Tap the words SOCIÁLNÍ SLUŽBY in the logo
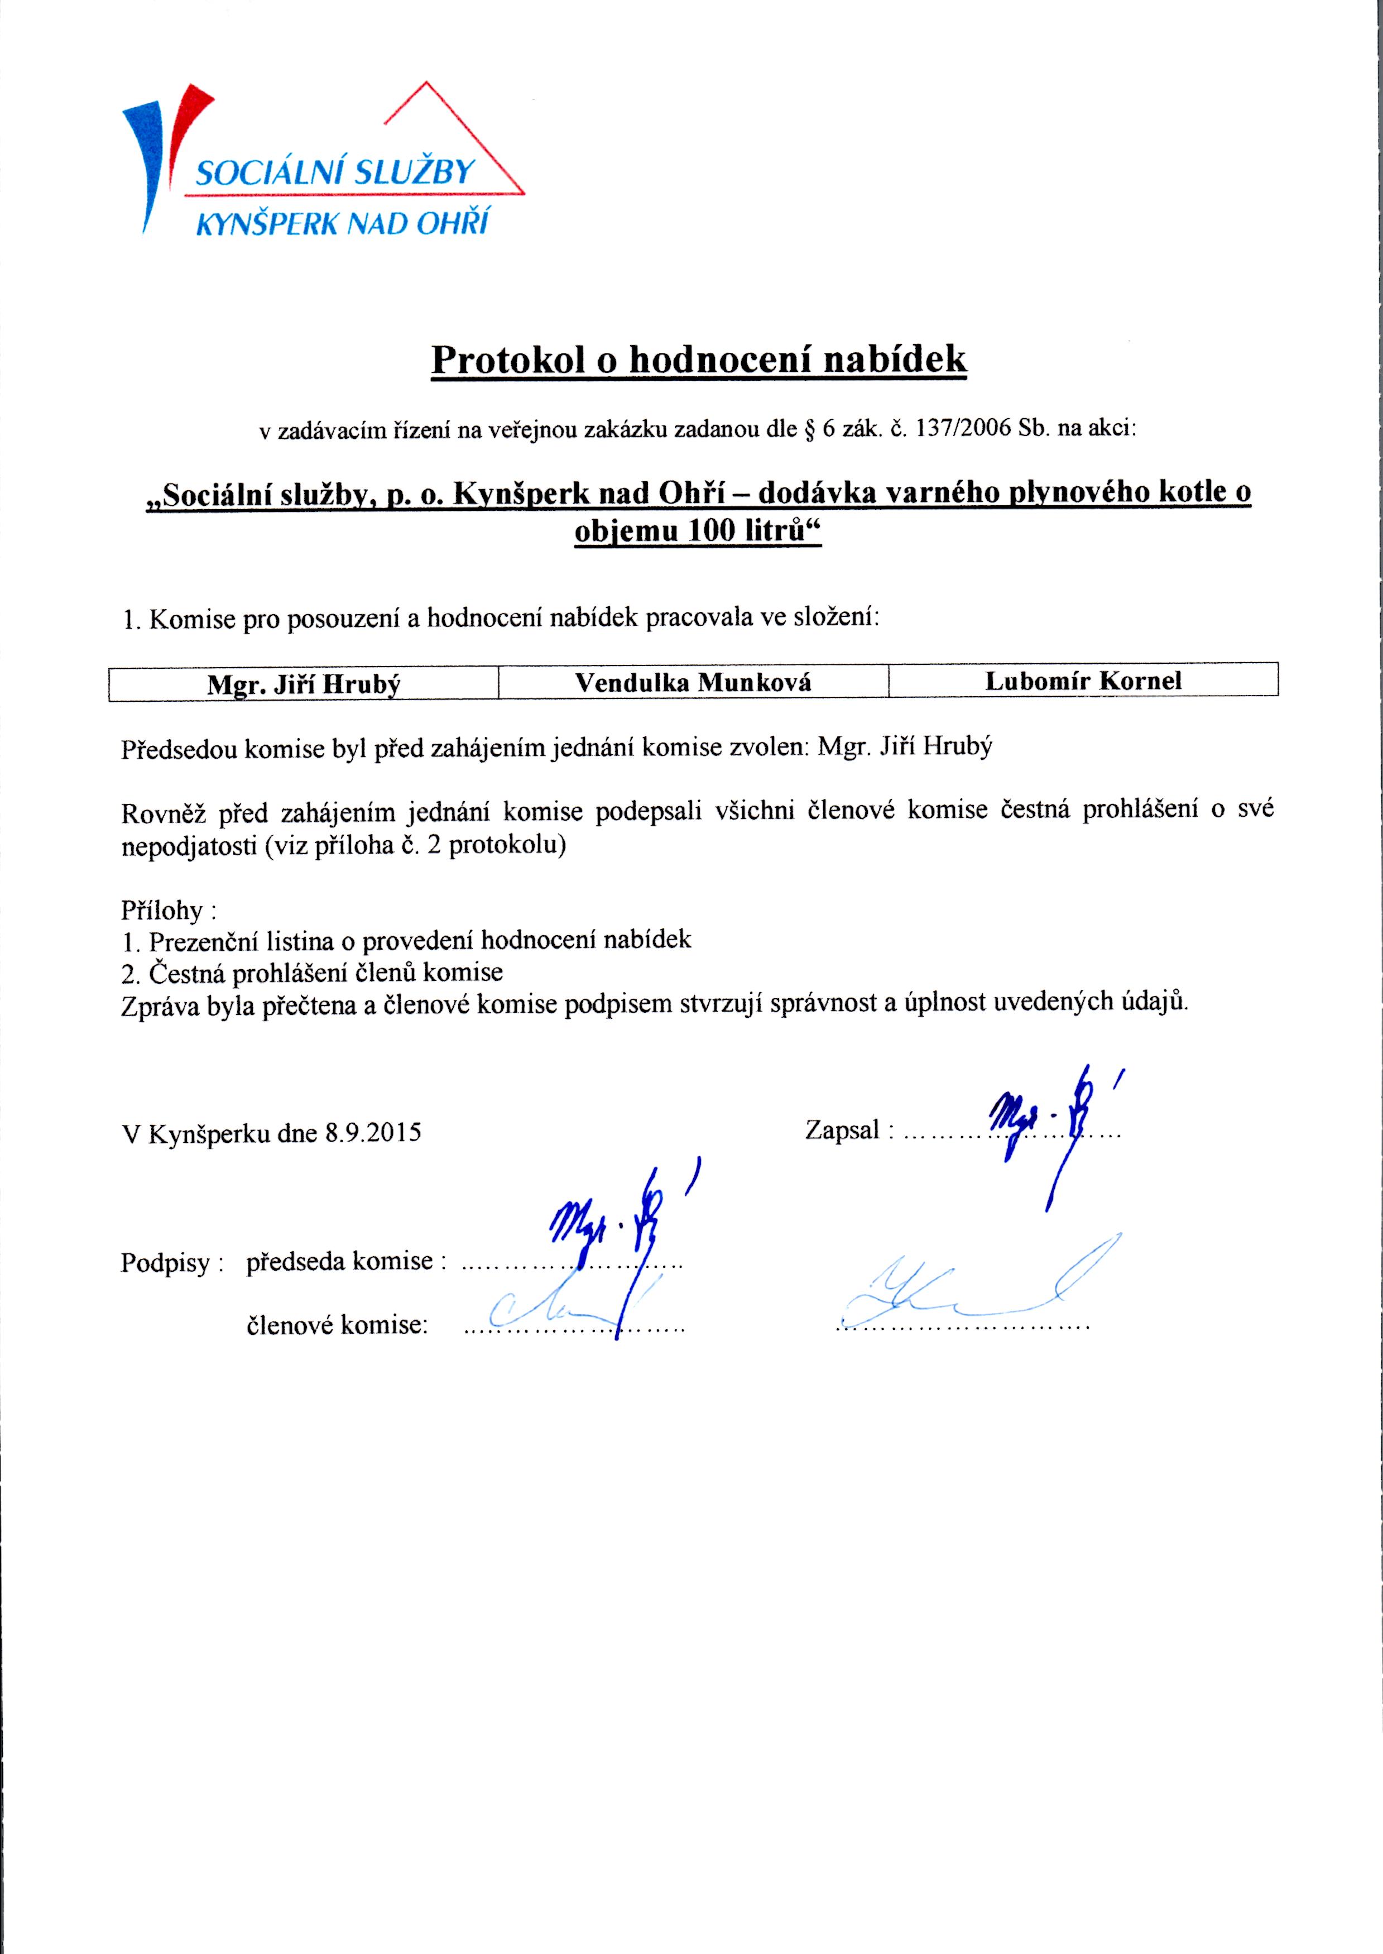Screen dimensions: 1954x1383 [x=334, y=173]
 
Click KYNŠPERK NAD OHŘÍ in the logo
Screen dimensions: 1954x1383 [x=342, y=223]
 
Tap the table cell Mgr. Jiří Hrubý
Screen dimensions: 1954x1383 [x=303, y=684]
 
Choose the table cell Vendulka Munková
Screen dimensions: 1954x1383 [x=693, y=682]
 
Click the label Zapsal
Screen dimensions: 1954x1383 [x=842, y=1131]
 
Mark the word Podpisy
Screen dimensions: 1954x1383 [x=165, y=1262]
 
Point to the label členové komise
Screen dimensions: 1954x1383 [x=337, y=1325]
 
